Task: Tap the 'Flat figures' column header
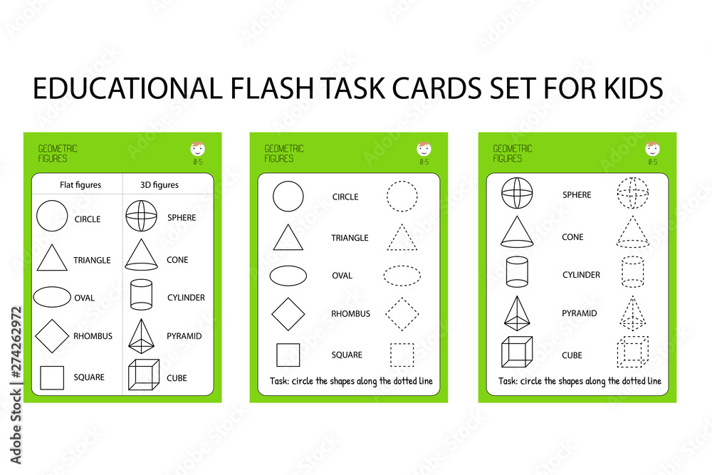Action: [x=80, y=185]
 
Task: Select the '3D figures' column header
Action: [x=159, y=185]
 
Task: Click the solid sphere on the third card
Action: [x=517, y=193]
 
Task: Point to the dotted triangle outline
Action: [x=402, y=238]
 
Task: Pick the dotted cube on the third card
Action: [x=632, y=352]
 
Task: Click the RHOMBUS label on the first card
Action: [x=93, y=336]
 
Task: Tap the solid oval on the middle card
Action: [x=288, y=276]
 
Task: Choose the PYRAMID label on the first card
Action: [x=184, y=336]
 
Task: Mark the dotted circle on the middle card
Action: [x=402, y=196]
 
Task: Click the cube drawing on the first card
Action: [x=143, y=375]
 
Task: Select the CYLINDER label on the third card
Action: [x=581, y=275]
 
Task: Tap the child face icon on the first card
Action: [x=197, y=149]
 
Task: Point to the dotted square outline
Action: [x=402, y=355]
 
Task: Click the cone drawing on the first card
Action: [x=141, y=255]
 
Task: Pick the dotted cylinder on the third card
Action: [x=632, y=272]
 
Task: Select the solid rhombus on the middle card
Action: [x=288, y=314]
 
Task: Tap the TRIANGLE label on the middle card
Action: [x=350, y=238]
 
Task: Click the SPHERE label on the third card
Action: [x=577, y=194]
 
